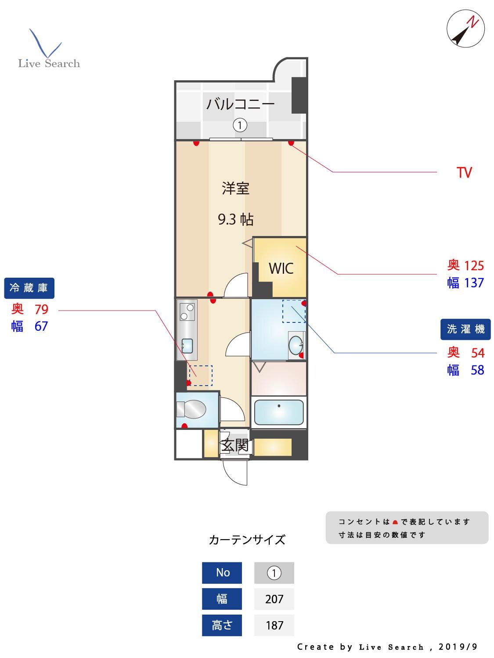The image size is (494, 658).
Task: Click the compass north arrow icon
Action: click(465, 29)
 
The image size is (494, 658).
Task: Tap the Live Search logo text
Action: click(49, 64)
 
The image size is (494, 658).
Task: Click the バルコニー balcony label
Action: click(240, 104)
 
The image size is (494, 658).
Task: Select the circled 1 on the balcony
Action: click(240, 125)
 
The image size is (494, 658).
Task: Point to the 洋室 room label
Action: click(236, 189)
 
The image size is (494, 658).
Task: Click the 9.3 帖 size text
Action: click(236, 219)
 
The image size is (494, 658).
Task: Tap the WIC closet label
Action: click(281, 268)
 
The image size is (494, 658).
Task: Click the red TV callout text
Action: click(464, 172)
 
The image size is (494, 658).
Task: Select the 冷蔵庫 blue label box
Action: click(29, 288)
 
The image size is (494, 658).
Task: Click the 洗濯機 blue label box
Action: click(465, 329)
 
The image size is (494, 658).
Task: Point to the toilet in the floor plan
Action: click(192, 409)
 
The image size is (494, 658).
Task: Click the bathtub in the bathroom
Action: click(278, 412)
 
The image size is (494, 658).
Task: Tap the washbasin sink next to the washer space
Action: click(296, 345)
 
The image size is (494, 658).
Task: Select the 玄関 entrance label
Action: click(235, 445)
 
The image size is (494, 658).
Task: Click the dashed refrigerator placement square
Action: click(200, 376)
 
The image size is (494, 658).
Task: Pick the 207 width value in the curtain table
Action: click(274, 599)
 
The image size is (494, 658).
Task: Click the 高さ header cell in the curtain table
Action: click(222, 625)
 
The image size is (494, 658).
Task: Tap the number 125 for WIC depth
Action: click(474, 265)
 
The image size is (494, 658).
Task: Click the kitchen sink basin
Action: click(187, 346)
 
